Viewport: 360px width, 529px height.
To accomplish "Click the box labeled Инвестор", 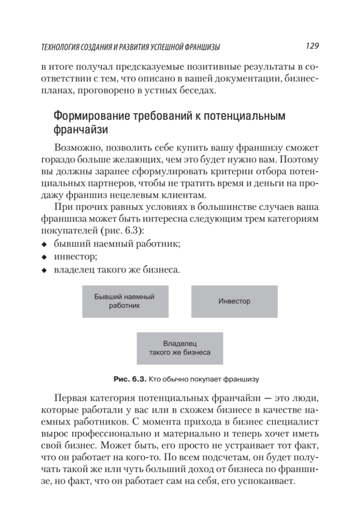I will point(234,302).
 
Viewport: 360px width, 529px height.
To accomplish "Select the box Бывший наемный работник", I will point(125,302).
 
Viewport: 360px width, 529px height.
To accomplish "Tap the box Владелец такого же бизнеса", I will point(180,348).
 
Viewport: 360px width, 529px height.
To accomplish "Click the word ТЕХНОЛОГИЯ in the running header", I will point(61,46).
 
